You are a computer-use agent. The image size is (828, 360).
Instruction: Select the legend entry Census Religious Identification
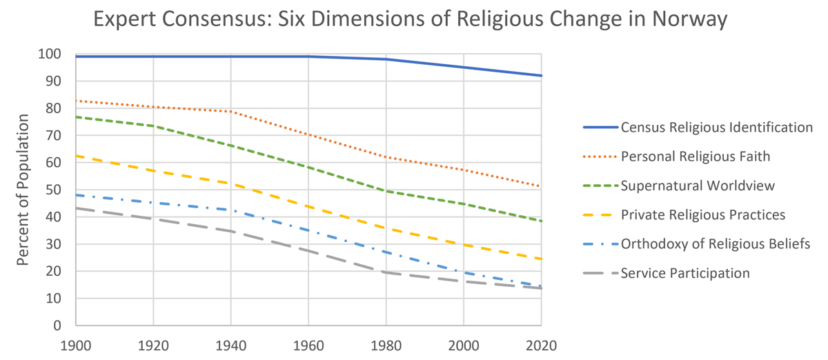pos(716,127)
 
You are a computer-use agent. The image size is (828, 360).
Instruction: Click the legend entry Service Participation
pos(685,273)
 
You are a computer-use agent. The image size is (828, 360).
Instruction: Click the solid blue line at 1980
pos(386,59)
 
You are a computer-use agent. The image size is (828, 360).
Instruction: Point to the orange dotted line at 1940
pos(231,111)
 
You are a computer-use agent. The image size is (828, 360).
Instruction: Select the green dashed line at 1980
pos(386,191)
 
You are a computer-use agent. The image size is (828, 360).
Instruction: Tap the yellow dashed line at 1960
pos(308,207)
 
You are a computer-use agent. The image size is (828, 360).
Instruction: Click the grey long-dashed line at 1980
pos(386,272)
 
